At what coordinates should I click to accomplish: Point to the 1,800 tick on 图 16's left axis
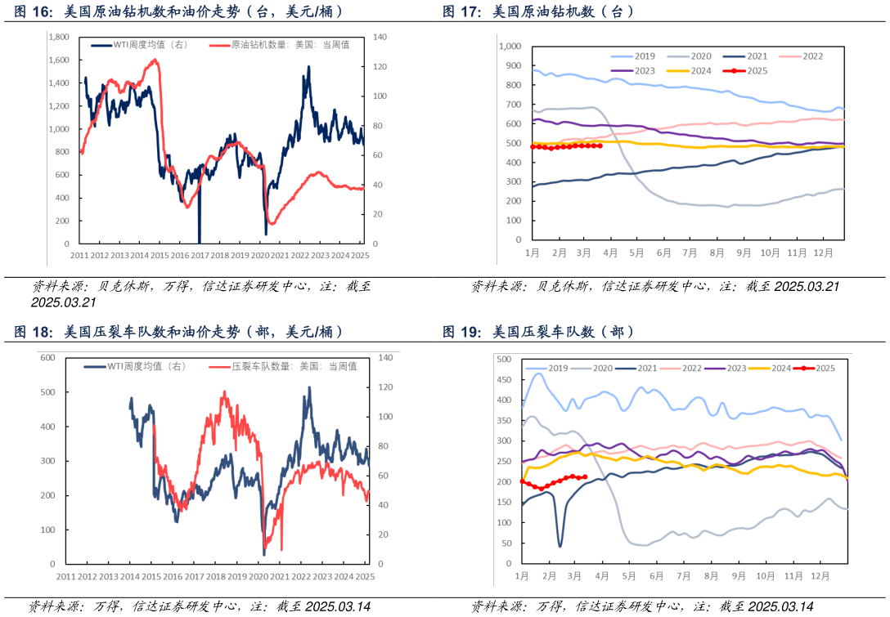click(x=59, y=38)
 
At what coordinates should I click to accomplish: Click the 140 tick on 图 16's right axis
click(x=380, y=38)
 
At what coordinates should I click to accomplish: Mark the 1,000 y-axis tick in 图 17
click(x=510, y=47)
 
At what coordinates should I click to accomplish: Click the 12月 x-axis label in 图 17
click(x=823, y=253)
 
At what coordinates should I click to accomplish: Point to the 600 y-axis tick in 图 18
click(x=47, y=358)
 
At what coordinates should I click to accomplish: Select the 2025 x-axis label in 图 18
click(x=364, y=577)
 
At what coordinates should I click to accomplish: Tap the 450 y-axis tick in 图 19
click(x=504, y=380)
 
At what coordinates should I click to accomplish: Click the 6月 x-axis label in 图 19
click(x=656, y=576)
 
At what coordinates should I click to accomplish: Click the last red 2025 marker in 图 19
click(x=585, y=477)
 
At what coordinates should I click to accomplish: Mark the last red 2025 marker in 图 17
click(x=600, y=145)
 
